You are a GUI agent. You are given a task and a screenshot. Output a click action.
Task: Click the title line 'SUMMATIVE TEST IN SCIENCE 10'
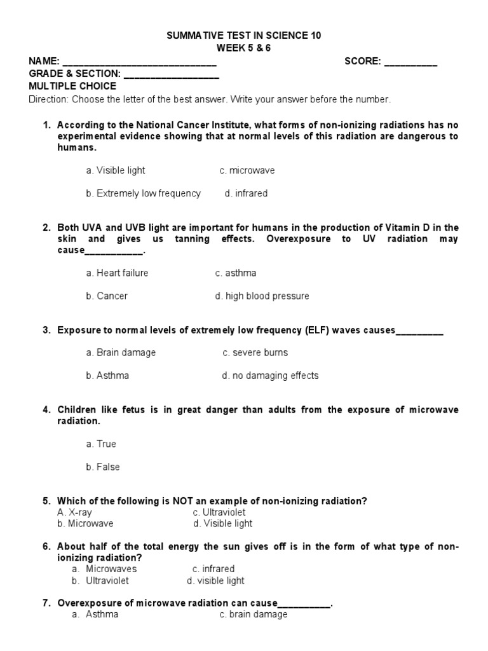coord(243,36)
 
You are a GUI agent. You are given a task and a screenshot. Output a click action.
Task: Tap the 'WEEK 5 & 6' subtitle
coord(243,48)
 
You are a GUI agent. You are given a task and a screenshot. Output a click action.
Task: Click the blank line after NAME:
coord(140,62)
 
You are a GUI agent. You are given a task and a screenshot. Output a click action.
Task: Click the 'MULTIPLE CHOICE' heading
coord(72,86)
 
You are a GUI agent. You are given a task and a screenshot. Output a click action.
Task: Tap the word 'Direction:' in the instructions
coord(49,99)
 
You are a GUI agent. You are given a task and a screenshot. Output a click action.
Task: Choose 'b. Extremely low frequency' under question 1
coord(144,193)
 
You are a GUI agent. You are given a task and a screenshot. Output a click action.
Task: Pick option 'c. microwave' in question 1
coord(247,170)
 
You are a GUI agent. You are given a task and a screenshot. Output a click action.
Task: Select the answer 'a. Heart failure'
coord(118,273)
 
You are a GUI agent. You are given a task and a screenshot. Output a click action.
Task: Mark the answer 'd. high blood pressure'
coord(262,296)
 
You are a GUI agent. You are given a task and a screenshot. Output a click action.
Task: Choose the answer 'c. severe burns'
coord(255,352)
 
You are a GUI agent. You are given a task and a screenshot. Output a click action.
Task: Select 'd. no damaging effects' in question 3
coord(270,375)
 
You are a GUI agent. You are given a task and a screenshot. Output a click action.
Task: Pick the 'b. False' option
coord(103,467)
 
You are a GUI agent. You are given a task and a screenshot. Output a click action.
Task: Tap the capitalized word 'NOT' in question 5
coord(184,501)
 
